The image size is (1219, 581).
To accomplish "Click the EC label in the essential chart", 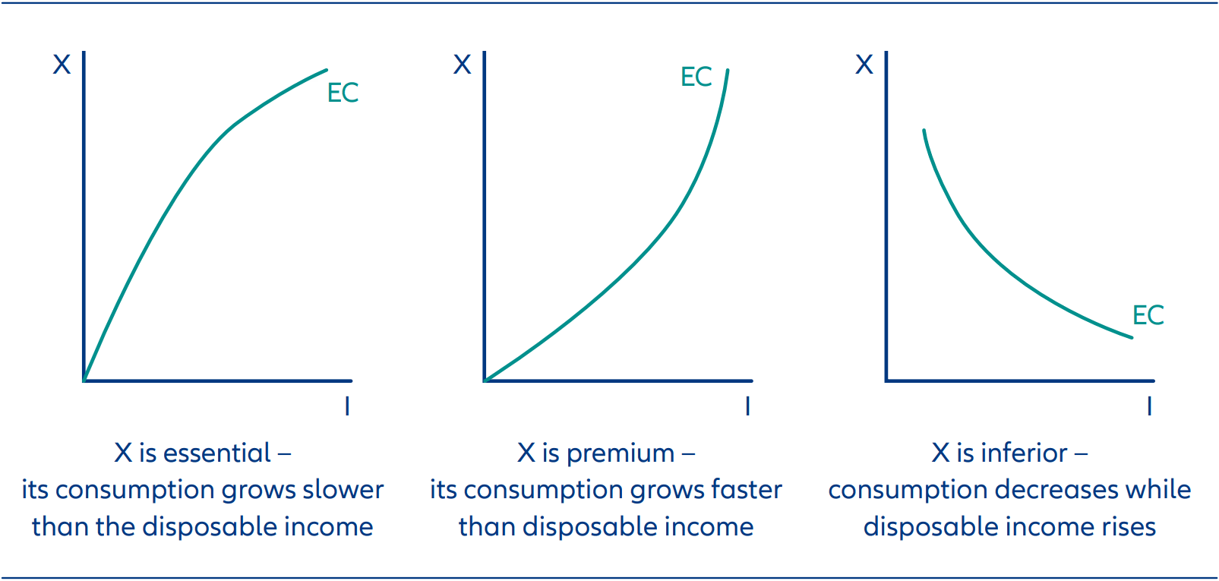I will (343, 93).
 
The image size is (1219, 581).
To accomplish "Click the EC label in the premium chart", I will (696, 77).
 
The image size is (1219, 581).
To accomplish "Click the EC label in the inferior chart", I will (1148, 315).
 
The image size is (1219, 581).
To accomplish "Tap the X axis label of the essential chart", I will (62, 65).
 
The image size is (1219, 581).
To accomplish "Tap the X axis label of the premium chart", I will (462, 65).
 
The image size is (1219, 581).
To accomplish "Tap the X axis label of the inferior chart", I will (864, 65).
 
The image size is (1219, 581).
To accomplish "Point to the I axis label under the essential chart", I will (347, 406).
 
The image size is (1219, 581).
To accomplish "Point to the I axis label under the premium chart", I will (747, 406).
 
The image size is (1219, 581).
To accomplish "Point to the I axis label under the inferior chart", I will (1149, 406).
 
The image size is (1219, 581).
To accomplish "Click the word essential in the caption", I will (217, 453).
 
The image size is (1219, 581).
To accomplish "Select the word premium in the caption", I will (620, 453).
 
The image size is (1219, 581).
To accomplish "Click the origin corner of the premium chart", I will (485, 380).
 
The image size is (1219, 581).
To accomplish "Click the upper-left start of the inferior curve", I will (924, 131).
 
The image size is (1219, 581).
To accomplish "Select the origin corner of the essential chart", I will (84, 380).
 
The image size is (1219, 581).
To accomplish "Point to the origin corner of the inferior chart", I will (886, 380).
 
